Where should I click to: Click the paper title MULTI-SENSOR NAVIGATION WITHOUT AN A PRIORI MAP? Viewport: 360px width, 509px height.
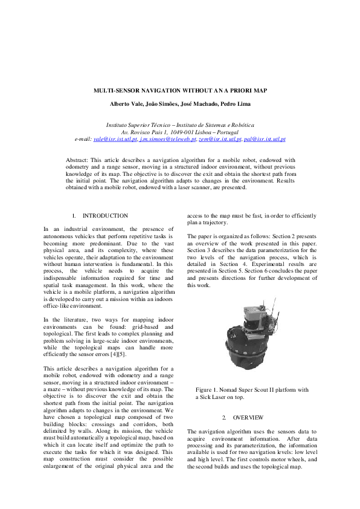pos(179,90)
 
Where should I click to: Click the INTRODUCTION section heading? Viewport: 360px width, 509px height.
pos(105,215)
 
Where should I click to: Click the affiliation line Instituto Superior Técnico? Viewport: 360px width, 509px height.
pos(179,124)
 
